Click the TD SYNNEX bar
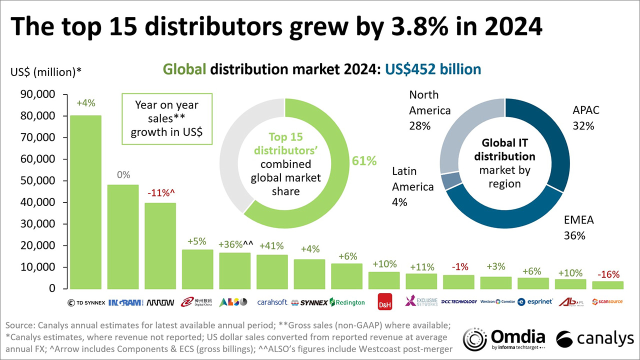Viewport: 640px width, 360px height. (85, 202)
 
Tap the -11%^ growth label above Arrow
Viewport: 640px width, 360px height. (160, 193)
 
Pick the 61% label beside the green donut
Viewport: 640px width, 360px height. (363, 161)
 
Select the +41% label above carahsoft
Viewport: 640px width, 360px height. (272, 245)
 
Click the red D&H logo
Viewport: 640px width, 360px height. (384, 301)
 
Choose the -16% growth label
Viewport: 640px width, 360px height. (608, 274)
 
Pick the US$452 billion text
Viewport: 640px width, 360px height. (432, 69)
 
